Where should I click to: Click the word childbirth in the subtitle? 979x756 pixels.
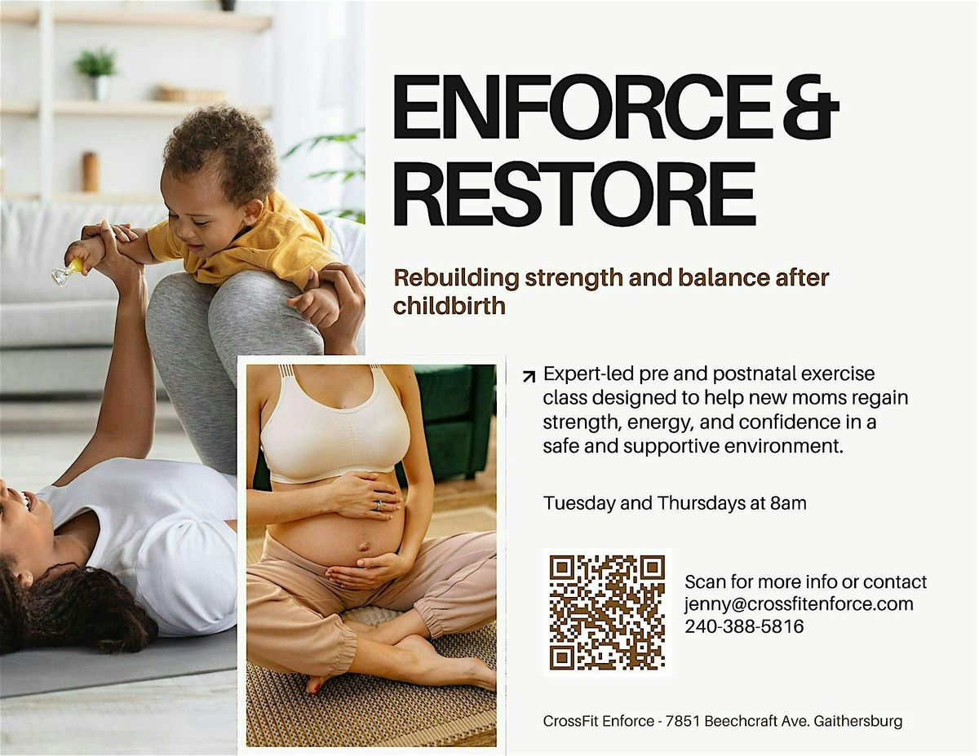click(x=450, y=306)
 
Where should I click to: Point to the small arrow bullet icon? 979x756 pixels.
click(x=529, y=376)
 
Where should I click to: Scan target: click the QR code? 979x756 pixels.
click(x=607, y=612)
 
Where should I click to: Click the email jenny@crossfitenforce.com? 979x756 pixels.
click(x=799, y=604)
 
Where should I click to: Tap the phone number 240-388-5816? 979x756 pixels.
click(x=744, y=626)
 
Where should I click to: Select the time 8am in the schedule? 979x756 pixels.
click(x=788, y=503)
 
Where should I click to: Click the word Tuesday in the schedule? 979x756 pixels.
click(x=580, y=503)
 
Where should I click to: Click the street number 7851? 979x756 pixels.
click(x=680, y=722)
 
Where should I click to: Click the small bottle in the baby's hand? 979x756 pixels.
click(x=65, y=272)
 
